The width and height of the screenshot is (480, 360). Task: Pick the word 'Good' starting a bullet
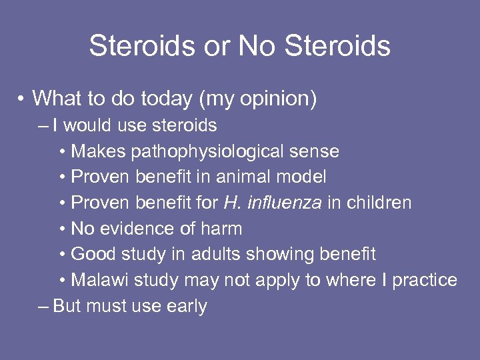92,254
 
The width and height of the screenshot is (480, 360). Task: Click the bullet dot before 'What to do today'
23,99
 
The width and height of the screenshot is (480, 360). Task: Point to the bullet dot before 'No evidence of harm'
62,229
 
